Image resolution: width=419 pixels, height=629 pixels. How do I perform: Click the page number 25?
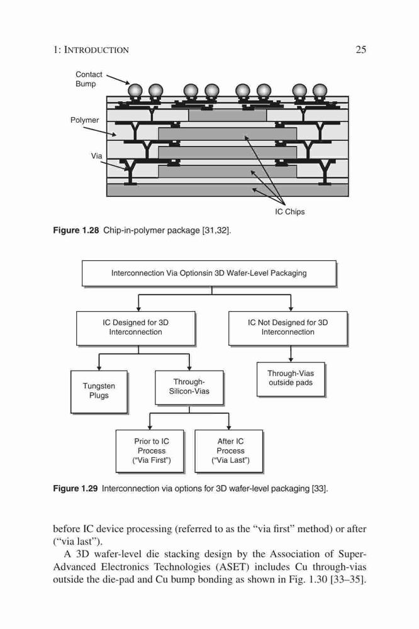click(361, 50)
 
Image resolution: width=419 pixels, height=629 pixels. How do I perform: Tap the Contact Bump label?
click(89, 79)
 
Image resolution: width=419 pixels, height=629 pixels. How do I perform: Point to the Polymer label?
click(85, 120)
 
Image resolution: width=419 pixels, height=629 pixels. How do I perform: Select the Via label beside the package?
click(96, 155)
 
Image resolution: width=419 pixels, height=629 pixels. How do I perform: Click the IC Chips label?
click(290, 212)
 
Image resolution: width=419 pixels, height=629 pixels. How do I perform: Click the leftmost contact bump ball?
click(135, 90)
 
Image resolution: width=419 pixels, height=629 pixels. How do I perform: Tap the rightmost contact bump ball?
click(320, 90)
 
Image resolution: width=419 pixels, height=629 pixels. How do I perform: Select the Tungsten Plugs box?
click(99, 391)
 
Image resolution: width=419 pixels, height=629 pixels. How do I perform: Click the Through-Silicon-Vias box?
click(189, 387)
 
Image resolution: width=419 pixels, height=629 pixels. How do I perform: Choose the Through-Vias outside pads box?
click(291, 379)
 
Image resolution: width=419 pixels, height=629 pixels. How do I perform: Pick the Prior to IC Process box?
click(150, 451)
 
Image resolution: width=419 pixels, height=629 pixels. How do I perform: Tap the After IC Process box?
click(229, 451)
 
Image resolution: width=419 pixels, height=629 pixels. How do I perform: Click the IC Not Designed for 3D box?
click(288, 328)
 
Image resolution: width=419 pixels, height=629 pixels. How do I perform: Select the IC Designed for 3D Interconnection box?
click(136, 328)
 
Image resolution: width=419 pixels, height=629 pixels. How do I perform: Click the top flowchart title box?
click(209, 273)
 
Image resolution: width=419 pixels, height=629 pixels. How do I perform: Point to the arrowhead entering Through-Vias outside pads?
click(291, 360)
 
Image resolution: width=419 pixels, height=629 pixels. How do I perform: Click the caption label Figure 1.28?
click(76, 230)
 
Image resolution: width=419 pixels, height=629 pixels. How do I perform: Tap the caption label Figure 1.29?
click(75, 489)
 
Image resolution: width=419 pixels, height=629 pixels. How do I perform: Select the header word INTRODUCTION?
click(97, 50)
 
